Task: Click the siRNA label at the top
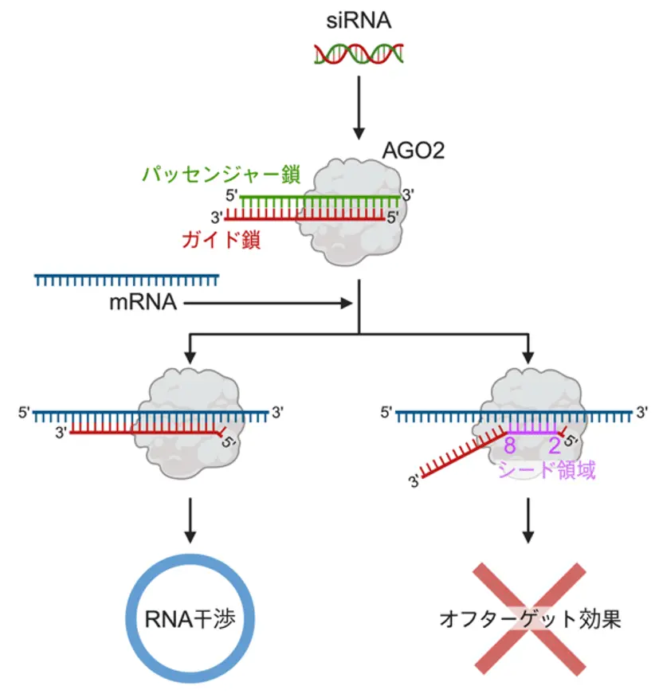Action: [359, 20]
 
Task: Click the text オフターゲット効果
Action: [530, 618]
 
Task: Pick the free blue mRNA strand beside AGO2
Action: [127, 279]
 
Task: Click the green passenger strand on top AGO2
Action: [319, 196]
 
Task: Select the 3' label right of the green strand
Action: [409, 193]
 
